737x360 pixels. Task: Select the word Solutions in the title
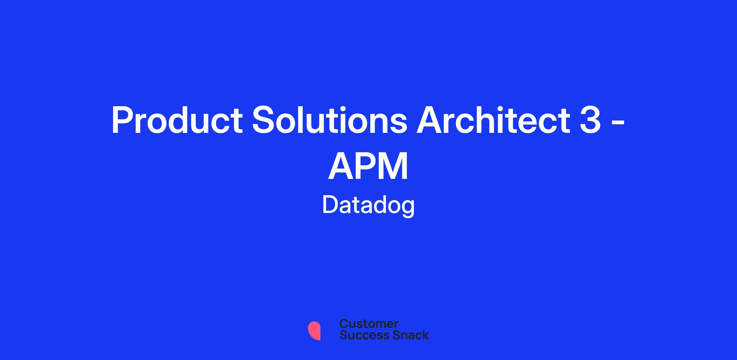click(330, 120)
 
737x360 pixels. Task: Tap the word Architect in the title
click(493, 120)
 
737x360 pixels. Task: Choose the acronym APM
click(368, 166)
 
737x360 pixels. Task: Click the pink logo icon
click(314, 331)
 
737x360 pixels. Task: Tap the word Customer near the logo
click(369, 324)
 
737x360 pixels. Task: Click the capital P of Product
click(122, 120)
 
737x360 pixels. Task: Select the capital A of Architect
click(430, 120)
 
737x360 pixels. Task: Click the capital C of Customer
click(344, 324)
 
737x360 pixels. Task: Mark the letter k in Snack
click(425, 335)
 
